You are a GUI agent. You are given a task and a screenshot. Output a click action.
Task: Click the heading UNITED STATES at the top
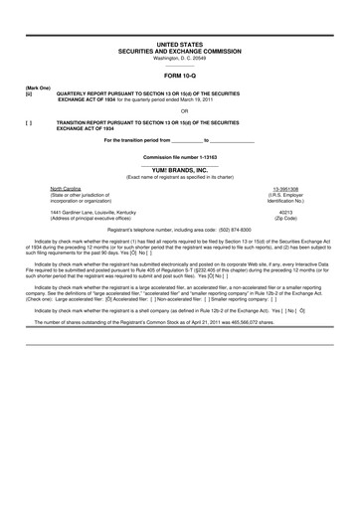coord(179,46)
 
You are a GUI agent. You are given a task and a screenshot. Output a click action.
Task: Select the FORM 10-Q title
coord(179,76)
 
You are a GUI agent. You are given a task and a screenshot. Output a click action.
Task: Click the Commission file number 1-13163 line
coord(179,158)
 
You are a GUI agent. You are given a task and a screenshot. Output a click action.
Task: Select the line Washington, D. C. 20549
coord(179,58)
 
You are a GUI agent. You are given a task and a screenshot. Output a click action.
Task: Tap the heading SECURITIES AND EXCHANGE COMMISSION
coord(179,52)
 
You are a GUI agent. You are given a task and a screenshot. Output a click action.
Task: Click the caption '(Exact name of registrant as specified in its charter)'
coord(179,177)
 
